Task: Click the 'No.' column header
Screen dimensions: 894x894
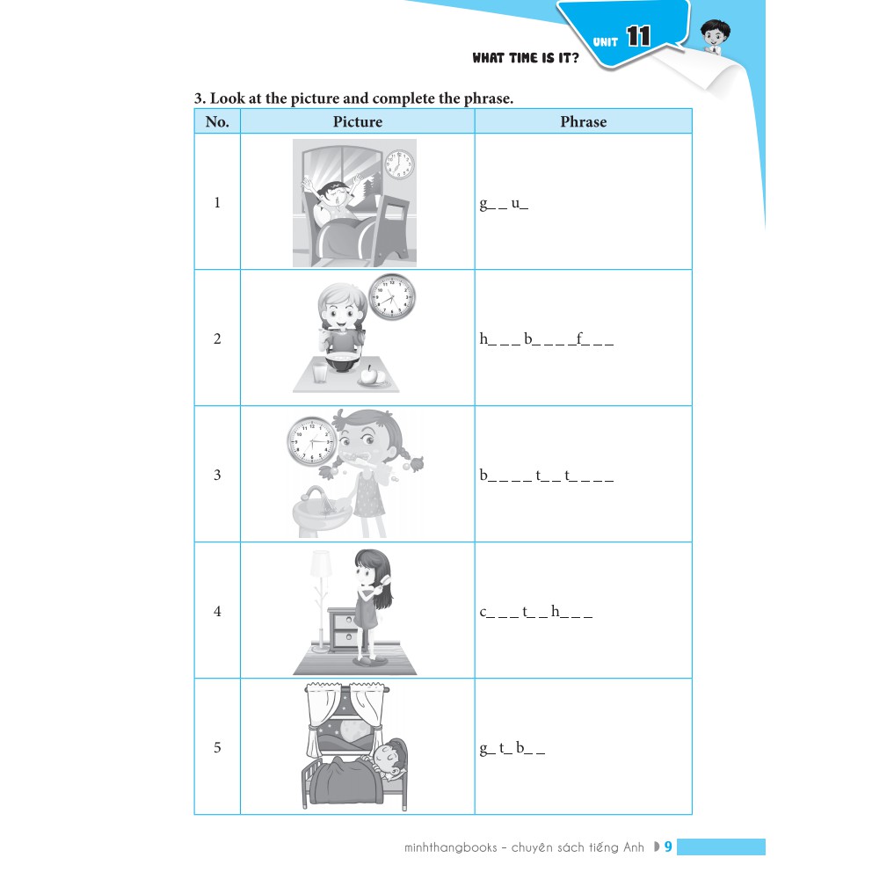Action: (x=217, y=121)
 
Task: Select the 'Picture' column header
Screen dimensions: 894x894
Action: (x=358, y=121)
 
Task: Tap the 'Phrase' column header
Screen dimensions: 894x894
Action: (x=584, y=121)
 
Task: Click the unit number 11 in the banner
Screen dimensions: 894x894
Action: (x=638, y=37)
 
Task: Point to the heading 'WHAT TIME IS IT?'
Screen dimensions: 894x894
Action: (x=525, y=58)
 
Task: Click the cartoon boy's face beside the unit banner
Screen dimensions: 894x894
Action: (x=715, y=35)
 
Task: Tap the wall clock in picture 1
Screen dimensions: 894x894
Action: (x=399, y=164)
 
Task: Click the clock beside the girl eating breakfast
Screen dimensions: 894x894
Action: (x=392, y=296)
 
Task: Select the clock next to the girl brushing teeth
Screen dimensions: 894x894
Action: (x=311, y=440)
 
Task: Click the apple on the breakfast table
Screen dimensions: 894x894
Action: (x=369, y=374)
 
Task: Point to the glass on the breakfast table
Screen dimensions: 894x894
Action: (x=320, y=373)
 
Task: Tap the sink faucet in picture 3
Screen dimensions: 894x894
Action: (x=316, y=495)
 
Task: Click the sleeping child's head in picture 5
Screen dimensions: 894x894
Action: (x=391, y=756)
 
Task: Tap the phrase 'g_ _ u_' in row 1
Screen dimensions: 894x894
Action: (x=504, y=204)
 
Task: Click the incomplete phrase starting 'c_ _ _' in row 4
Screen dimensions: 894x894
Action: (x=536, y=612)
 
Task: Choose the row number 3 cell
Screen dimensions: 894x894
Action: (x=217, y=475)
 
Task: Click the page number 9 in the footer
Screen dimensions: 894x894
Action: (x=668, y=847)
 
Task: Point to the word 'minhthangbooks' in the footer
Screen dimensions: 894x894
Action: (x=450, y=847)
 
